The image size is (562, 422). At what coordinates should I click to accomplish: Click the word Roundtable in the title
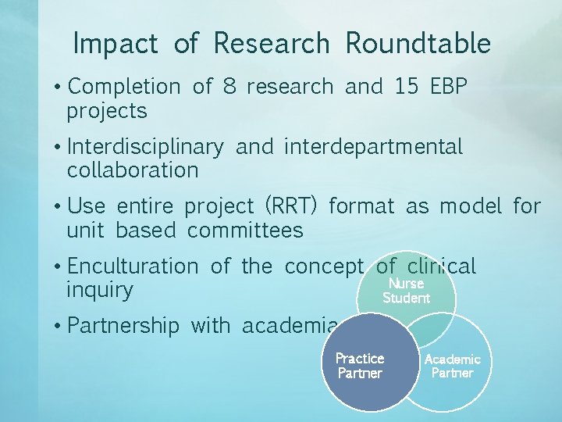coord(418,44)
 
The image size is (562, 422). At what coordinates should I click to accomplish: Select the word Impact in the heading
coord(115,44)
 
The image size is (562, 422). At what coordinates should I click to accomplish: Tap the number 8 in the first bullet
coord(229,87)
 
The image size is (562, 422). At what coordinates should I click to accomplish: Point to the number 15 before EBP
coord(406,87)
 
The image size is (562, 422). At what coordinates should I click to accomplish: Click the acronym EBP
coord(449,87)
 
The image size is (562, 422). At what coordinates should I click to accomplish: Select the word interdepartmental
coord(373,147)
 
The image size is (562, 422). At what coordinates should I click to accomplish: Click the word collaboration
coord(133,170)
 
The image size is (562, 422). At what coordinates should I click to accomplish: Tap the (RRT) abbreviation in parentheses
coord(291,207)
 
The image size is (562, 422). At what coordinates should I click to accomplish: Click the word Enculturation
coord(133,266)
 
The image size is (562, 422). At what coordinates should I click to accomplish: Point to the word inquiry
coord(100,290)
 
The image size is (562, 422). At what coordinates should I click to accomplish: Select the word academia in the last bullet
coord(290,326)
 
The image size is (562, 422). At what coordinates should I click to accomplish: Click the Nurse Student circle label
coord(406,291)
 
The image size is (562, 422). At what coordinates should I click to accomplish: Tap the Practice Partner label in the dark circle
coord(360,366)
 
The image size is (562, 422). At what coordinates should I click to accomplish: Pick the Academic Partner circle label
coord(452,366)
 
